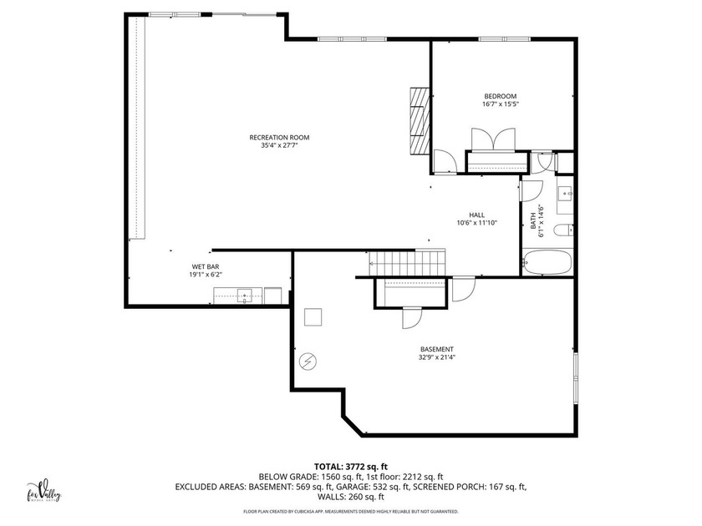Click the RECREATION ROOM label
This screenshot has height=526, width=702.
click(x=273, y=137)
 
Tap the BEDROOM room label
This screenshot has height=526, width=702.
click(x=500, y=96)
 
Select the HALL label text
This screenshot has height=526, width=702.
click(x=476, y=215)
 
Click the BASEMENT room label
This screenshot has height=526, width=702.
click(x=437, y=349)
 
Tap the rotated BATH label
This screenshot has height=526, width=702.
click(x=534, y=221)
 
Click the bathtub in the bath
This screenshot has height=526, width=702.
click(x=547, y=263)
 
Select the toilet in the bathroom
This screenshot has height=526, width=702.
click(x=562, y=229)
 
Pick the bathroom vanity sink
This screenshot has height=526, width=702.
click(x=565, y=195)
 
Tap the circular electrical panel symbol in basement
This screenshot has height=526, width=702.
click(x=308, y=362)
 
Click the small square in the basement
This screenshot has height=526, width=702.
click(x=313, y=317)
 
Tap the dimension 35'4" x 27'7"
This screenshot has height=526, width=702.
click(x=273, y=145)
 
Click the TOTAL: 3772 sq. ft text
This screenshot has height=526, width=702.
click(x=350, y=467)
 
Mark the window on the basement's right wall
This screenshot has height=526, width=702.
click(x=575, y=377)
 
